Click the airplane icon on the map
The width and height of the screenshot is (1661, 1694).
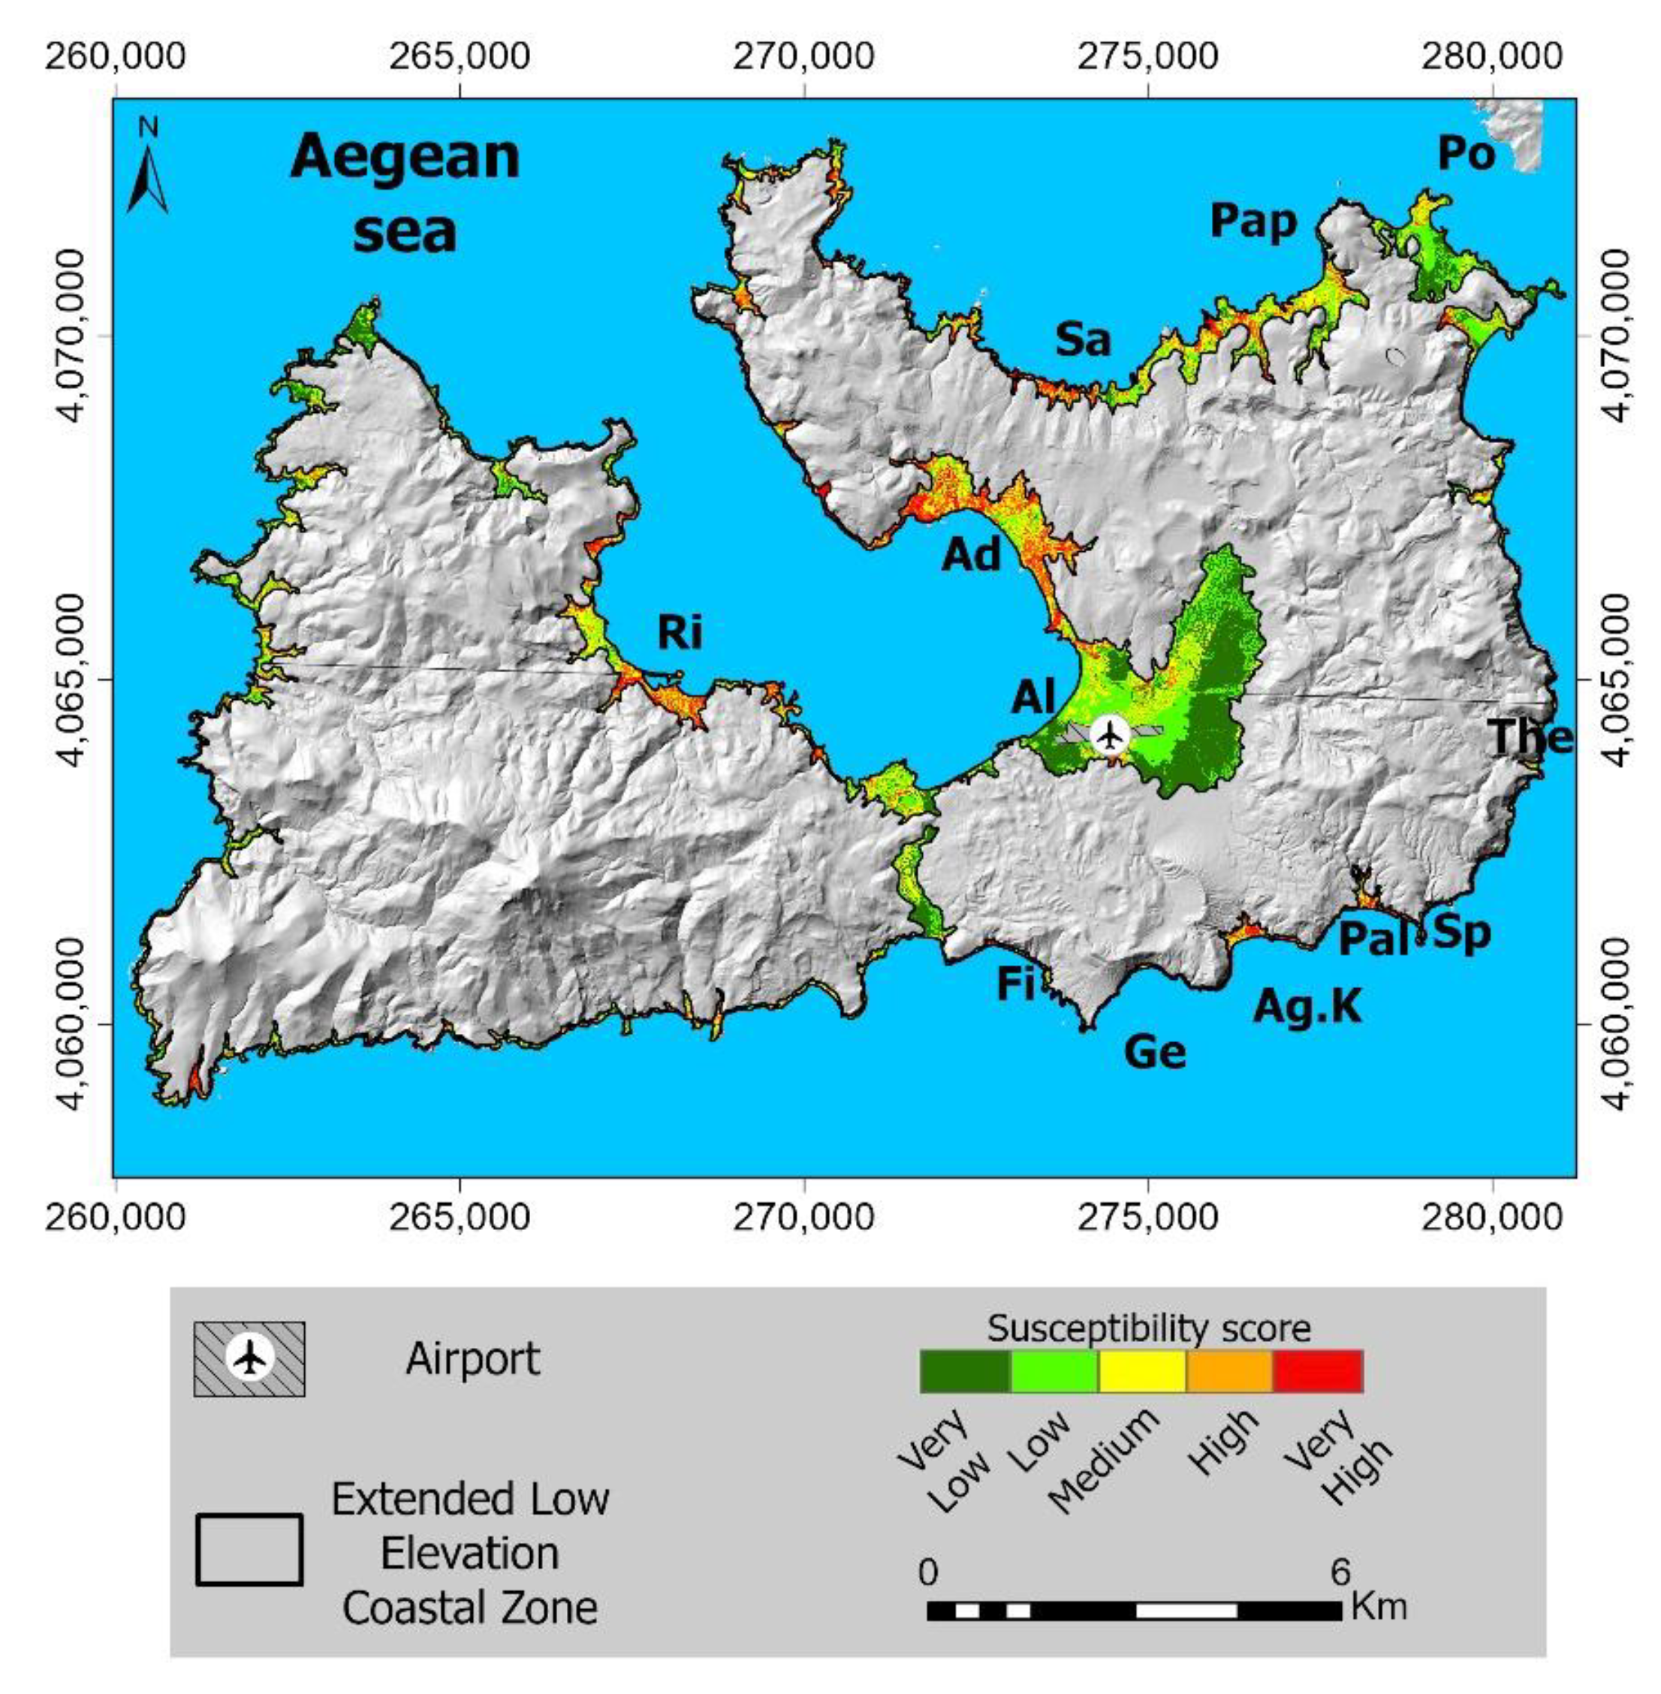(x=1110, y=734)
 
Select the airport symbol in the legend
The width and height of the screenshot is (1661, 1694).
(x=249, y=1358)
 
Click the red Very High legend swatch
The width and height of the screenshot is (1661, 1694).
(x=1317, y=1370)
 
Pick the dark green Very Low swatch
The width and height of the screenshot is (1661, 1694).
(x=965, y=1370)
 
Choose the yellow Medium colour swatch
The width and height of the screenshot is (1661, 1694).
(x=1141, y=1370)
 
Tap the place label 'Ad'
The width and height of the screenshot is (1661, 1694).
(x=971, y=554)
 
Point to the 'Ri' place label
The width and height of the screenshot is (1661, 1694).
(x=679, y=632)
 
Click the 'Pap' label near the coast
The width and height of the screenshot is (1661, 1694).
(x=1253, y=222)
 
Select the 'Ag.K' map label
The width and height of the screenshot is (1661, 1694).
(x=1307, y=1007)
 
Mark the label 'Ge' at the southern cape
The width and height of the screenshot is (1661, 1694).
(x=1155, y=1053)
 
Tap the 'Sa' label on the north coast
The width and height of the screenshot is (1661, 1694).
(x=1084, y=339)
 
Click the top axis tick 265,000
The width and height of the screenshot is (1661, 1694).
(x=459, y=57)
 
